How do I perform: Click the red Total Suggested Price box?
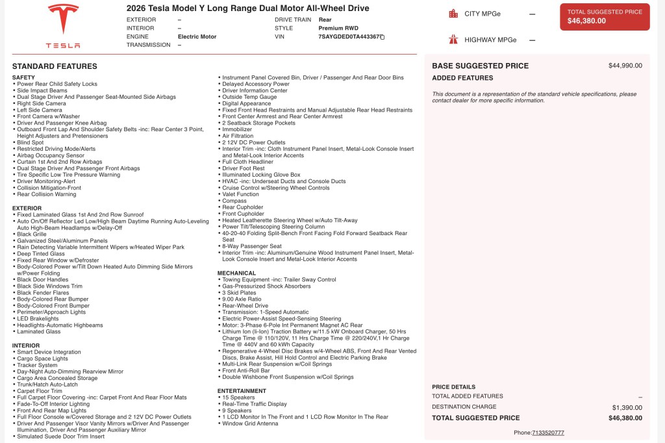coord(605,17)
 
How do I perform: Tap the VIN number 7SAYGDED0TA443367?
coord(348,37)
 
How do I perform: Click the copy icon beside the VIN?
coord(383,37)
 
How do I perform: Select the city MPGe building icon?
coord(453,14)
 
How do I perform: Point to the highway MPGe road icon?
coord(453,40)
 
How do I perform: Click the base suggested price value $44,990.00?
coord(625,66)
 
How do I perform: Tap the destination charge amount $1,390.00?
coord(627,407)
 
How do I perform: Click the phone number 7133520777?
coord(548,433)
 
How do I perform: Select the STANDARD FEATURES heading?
coord(55,66)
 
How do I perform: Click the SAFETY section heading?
coord(23,78)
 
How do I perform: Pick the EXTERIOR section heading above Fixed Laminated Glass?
coord(27,209)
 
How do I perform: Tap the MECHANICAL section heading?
coord(236,273)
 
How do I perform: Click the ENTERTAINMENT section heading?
coord(242,391)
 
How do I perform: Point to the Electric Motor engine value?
coord(197,37)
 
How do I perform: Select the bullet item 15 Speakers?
coord(237,398)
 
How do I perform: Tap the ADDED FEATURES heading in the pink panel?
coord(462,78)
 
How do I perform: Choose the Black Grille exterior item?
coord(33,234)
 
